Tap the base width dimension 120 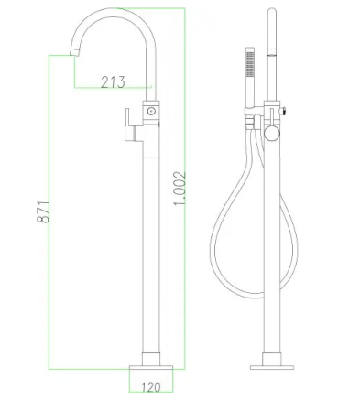151,385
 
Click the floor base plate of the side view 272,363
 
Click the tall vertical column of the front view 150,238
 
